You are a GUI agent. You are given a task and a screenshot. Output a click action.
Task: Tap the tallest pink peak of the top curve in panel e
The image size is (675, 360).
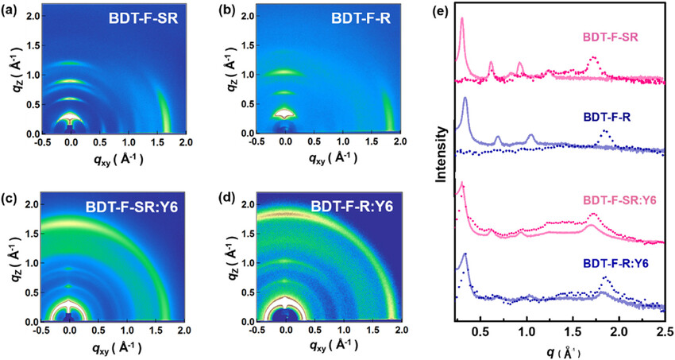pos(461,20)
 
